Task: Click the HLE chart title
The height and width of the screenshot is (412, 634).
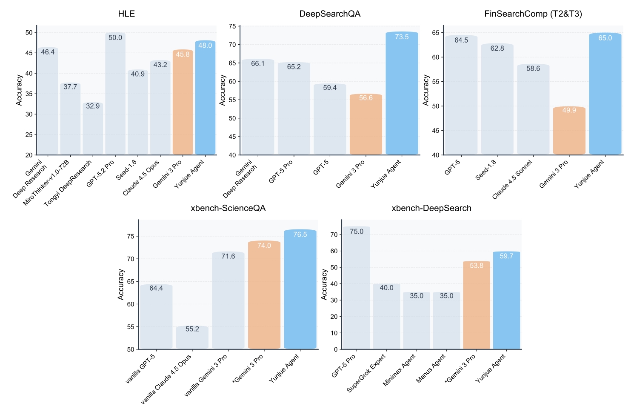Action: [126, 14]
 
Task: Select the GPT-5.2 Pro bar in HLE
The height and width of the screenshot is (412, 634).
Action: [115, 94]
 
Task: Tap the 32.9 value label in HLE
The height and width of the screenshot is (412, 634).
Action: [93, 106]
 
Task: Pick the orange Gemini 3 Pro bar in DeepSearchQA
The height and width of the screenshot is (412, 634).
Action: [366, 124]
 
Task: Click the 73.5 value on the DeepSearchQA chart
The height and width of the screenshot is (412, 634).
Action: [402, 37]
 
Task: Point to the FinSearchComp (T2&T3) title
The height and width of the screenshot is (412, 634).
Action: [533, 14]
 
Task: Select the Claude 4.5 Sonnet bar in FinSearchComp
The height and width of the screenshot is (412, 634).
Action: [533, 109]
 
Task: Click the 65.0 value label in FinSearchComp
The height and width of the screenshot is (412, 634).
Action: [605, 38]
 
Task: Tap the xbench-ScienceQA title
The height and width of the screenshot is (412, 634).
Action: [228, 208]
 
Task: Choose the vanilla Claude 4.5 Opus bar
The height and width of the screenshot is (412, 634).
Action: [192, 337]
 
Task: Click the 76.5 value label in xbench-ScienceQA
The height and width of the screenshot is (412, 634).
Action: [300, 235]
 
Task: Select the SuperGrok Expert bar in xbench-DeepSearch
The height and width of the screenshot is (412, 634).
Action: [387, 316]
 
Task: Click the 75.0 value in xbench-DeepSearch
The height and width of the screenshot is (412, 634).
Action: [356, 232]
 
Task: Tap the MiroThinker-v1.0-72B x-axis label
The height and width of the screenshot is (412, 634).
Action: [46, 183]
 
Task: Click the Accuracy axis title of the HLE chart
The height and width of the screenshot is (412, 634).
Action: [19, 90]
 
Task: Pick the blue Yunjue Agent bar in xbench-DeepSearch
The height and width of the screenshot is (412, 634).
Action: [506, 300]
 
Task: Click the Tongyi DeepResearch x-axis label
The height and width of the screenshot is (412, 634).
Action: [68, 183]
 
